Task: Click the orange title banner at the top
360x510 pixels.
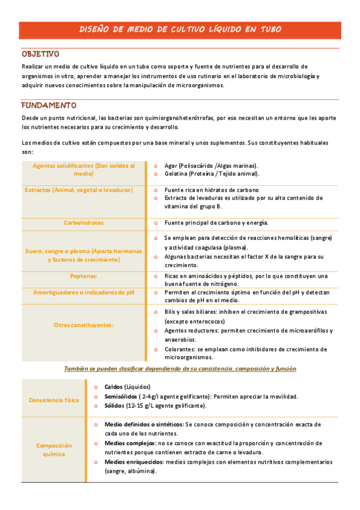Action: [x=180, y=29]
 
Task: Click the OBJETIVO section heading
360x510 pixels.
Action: [x=40, y=54]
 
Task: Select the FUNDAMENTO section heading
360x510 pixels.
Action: [x=49, y=105]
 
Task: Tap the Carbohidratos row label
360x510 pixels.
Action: [x=84, y=223]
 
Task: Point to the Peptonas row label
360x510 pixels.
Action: [x=84, y=276]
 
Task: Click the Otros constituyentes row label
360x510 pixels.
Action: [x=84, y=325]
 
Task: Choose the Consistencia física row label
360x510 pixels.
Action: [x=53, y=399]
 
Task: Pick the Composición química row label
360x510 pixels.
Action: [x=53, y=450]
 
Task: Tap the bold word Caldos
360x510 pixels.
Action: [x=114, y=387]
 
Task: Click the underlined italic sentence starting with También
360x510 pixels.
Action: [x=180, y=368]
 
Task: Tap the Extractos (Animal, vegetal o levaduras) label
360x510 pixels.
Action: [x=78, y=189]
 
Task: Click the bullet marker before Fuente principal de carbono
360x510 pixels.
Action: [x=156, y=223]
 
